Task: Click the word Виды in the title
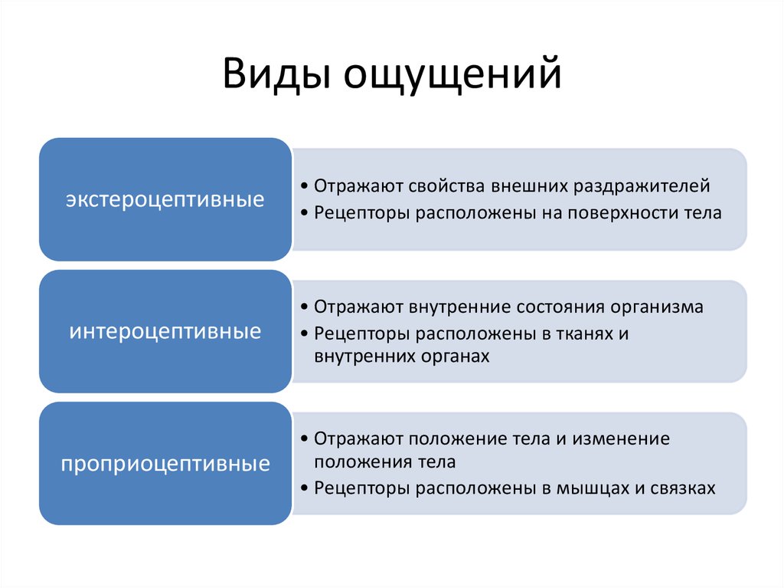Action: (x=276, y=74)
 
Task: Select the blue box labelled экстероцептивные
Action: (x=165, y=199)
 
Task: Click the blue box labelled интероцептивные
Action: (x=165, y=331)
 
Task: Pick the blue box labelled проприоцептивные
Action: (x=165, y=463)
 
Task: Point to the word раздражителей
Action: (x=642, y=186)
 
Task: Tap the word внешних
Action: (x=529, y=186)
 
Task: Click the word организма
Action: (x=657, y=307)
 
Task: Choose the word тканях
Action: (x=583, y=333)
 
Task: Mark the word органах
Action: (x=455, y=356)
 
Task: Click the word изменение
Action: (x=621, y=439)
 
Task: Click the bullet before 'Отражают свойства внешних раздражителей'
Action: (x=304, y=186)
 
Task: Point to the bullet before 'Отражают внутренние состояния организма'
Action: (x=304, y=307)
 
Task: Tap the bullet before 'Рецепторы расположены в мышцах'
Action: (x=304, y=488)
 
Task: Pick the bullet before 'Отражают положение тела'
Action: (x=304, y=439)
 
